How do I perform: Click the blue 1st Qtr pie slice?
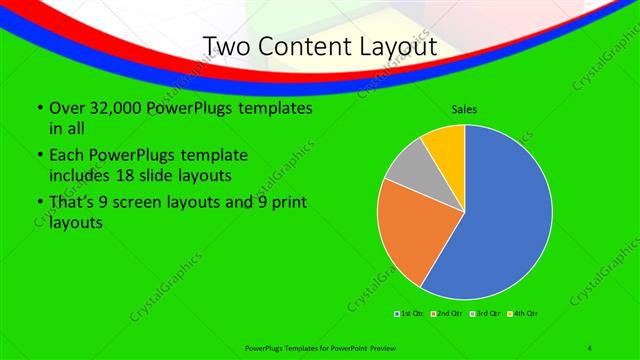505,215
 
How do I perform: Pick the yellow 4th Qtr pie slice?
444,146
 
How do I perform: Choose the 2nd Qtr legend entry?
446,314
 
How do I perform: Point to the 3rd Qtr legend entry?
485,314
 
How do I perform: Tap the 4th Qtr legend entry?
523,314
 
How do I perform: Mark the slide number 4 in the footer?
590,347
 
